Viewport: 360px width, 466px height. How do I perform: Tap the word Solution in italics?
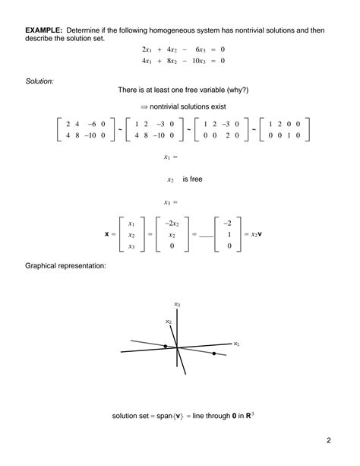pyautogui.click(x=39, y=79)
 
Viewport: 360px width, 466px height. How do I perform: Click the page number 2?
pyautogui.click(x=329, y=440)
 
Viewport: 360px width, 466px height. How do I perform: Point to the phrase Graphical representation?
pyautogui.click(x=65, y=266)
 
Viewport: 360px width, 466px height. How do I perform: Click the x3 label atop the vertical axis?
pyautogui.click(x=176, y=304)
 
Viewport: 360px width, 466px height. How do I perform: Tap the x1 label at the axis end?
pyautogui.click(x=236, y=344)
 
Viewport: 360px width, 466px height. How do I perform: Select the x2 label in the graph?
pyautogui.click(x=168, y=322)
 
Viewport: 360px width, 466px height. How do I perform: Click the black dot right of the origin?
pyautogui.click(x=214, y=353)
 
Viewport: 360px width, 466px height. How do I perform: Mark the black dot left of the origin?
pyautogui.click(x=166, y=347)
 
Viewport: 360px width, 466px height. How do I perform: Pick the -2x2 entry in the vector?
pyautogui.click(x=172, y=223)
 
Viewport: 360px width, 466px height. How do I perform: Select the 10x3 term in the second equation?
pyautogui.click(x=197, y=60)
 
